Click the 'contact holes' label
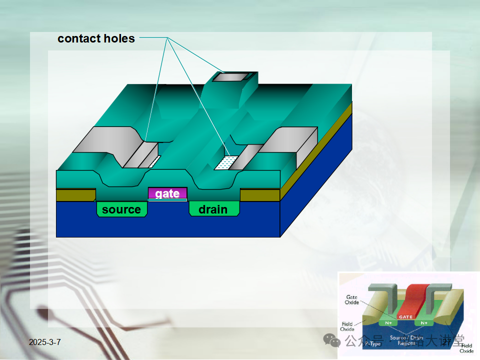[96, 38]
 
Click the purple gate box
[167, 193]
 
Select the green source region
[121, 209]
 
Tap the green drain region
[212, 209]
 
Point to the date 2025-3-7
[45, 342]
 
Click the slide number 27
[446, 342]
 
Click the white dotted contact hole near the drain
[226, 162]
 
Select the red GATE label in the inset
[405, 316]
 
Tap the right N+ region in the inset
[424, 323]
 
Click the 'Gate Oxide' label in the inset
[351, 300]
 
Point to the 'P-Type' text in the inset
[372, 344]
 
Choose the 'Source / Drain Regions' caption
[406, 340]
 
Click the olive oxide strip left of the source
[75, 195]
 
